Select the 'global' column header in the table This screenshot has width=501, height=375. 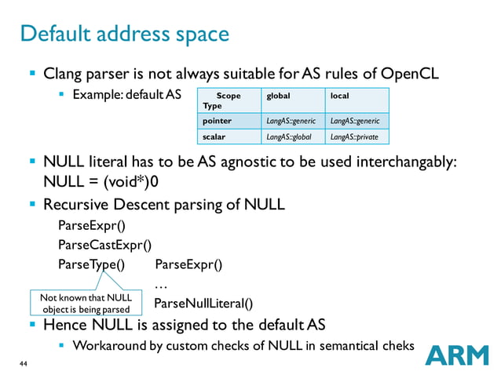point(279,96)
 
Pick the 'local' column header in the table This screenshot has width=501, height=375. point(340,96)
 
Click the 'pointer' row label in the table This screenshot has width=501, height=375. point(217,121)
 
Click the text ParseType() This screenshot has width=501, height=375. point(91,264)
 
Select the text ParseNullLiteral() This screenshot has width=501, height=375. point(203,304)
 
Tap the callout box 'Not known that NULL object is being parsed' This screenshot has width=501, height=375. point(81,303)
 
